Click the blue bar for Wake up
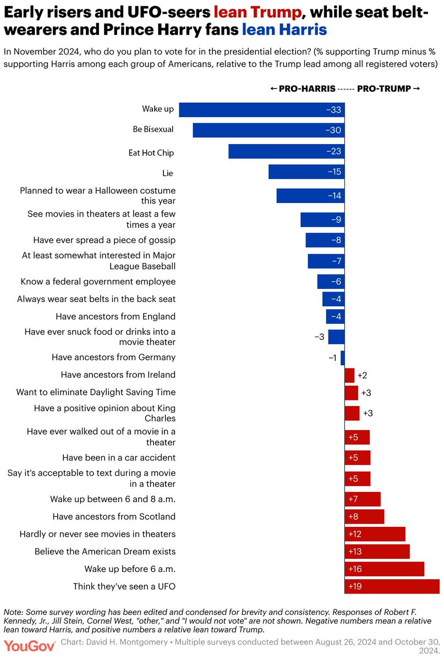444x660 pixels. [262, 109]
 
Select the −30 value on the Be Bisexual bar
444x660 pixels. [333, 130]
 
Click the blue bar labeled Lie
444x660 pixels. [306, 172]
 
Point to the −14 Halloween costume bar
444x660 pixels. [310, 196]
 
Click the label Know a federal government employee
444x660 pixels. [98, 282]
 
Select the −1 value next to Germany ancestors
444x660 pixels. [332, 358]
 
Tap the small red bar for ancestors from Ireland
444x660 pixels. [349, 375]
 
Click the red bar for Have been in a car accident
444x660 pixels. [358, 458]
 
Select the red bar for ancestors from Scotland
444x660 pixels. [364, 516]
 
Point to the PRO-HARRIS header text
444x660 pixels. [300, 89]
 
